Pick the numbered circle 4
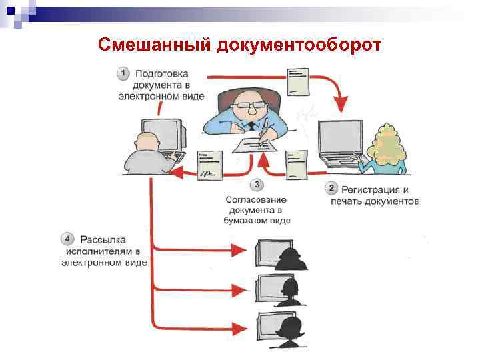click(67, 239)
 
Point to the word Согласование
click(256, 199)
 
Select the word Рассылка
click(103, 239)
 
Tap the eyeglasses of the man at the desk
click(247, 105)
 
